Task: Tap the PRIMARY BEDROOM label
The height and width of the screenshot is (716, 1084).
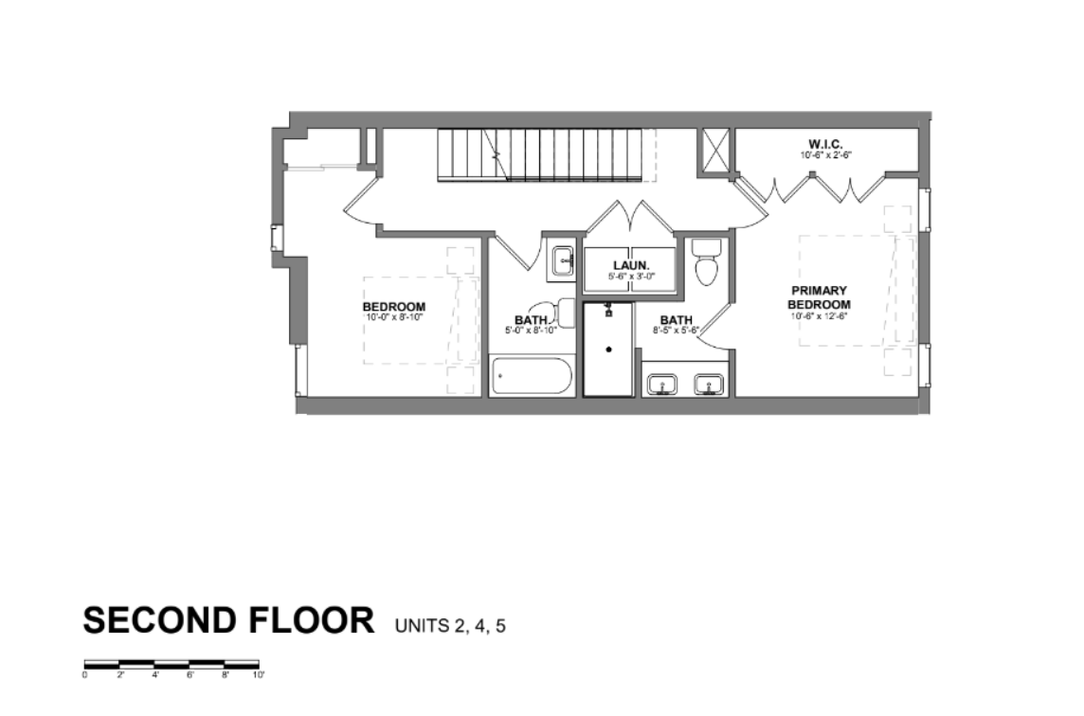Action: (x=820, y=296)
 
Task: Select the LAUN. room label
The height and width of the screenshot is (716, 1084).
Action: (x=630, y=265)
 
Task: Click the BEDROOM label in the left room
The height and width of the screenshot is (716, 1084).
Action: (x=393, y=307)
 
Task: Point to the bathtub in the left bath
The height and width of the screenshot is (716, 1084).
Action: (x=532, y=376)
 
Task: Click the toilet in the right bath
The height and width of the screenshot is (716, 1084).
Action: (x=707, y=262)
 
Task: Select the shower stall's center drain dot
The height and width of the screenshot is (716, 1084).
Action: (x=609, y=349)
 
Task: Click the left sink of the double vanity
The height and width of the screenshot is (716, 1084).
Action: (x=661, y=385)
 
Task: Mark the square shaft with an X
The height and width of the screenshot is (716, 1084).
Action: (x=715, y=150)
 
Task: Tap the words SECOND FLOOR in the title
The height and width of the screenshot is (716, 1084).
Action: (x=228, y=620)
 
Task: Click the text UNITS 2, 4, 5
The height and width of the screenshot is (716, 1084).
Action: (x=450, y=625)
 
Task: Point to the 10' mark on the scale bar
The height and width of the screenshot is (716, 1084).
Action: (x=259, y=675)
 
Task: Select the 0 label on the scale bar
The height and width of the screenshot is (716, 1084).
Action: (x=84, y=675)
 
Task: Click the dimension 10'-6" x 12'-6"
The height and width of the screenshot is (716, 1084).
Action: (x=820, y=316)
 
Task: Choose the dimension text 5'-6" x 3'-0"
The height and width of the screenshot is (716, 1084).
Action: (x=631, y=277)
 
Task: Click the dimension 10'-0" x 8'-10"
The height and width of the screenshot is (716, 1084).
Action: (x=393, y=318)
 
